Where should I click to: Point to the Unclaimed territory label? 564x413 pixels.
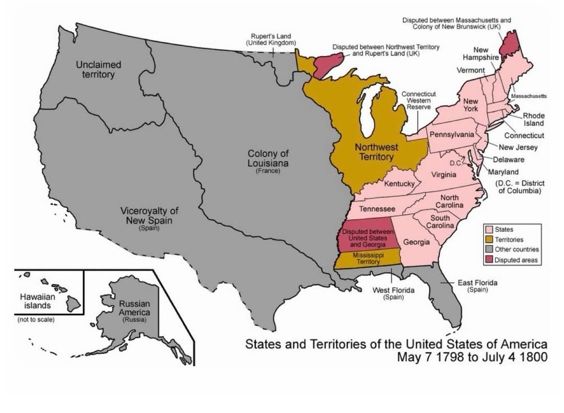point(98,69)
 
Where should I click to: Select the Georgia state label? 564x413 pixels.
point(417,242)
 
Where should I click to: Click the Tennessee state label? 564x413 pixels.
point(377,209)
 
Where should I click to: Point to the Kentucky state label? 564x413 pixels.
point(399,184)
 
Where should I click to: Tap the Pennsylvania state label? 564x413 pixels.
point(452,135)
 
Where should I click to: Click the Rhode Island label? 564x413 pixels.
point(534,120)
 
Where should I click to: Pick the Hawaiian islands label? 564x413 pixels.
point(36,300)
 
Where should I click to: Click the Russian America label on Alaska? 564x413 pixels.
point(134,308)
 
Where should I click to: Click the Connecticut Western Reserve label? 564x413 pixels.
point(419,100)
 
